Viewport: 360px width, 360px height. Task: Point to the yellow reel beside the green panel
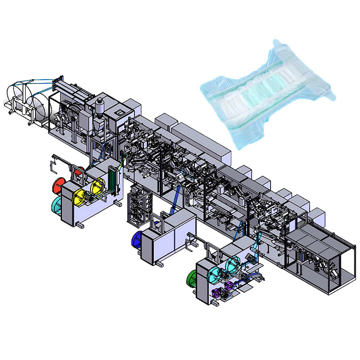coord(97,185)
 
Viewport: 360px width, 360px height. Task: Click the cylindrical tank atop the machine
coord(101,106)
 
